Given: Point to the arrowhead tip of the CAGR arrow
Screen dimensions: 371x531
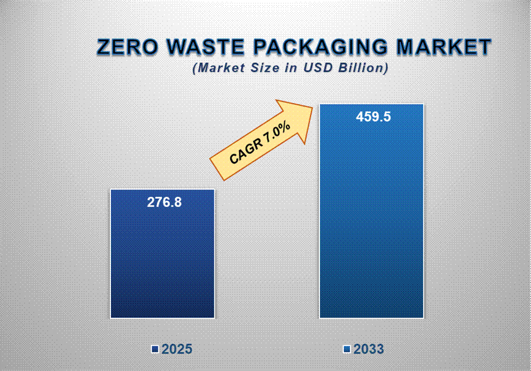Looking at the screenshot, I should point(310,108).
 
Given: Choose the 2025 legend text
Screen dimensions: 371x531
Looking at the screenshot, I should point(177,350).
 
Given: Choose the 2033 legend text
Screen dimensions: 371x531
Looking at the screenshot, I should point(369,350).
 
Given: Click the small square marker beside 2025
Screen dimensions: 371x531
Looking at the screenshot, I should point(155,350).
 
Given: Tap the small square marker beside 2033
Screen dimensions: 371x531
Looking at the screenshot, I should point(347,350).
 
